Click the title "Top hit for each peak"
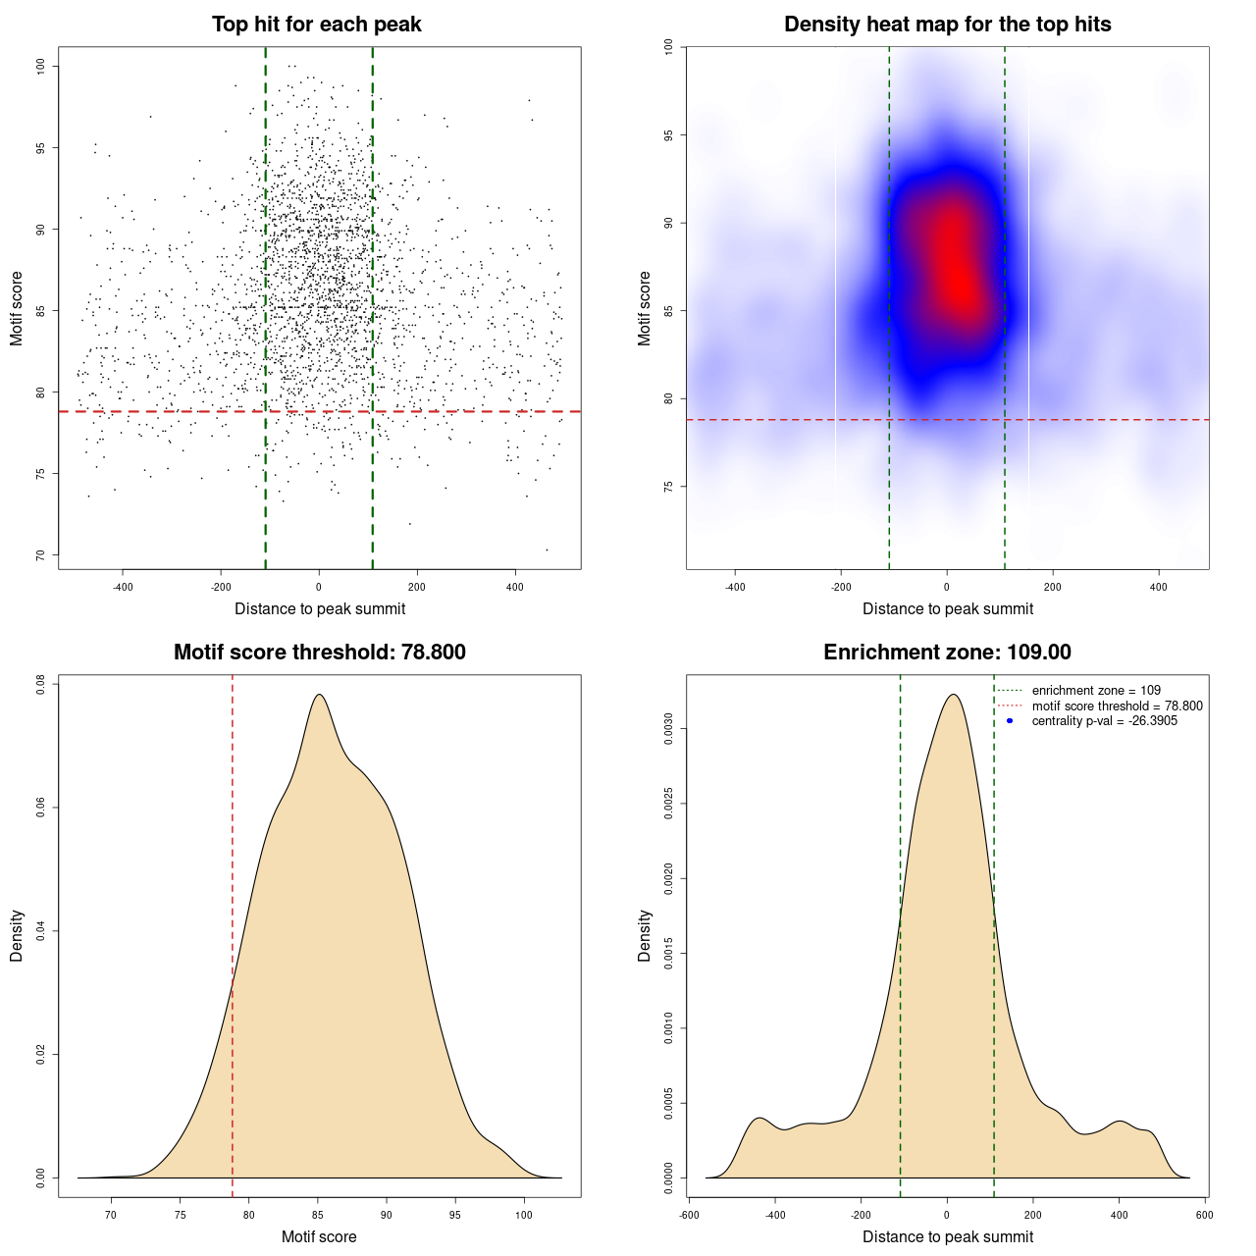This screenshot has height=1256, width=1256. pyautogui.click(x=316, y=25)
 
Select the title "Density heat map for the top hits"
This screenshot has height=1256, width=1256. pyautogui.click(x=947, y=25)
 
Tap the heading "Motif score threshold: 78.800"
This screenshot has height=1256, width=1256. pyautogui.click(x=319, y=653)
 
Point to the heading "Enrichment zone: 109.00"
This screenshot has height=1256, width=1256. pyautogui.click(x=947, y=653)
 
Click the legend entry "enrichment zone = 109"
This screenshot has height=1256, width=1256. pyautogui.click(x=1095, y=691)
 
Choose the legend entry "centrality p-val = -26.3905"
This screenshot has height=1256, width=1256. pyautogui.click(x=1104, y=721)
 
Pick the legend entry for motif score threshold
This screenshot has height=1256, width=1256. pyautogui.click(x=1117, y=706)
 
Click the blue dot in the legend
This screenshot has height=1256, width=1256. pyautogui.click(x=1010, y=721)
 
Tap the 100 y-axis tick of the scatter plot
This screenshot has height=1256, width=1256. pyautogui.click(x=40, y=66)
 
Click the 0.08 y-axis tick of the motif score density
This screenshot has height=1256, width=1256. pyautogui.click(x=40, y=683)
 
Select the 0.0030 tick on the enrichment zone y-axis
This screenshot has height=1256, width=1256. pyautogui.click(x=668, y=729)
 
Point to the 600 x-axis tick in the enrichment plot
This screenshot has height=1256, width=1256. pyautogui.click(x=1205, y=1215)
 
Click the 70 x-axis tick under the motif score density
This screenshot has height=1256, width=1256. pyautogui.click(x=111, y=1215)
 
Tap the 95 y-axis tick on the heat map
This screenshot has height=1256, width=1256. pyautogui.click(x=668, y=135)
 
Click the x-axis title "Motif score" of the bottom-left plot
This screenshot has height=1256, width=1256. pyautogui.click(x=319, y=1236)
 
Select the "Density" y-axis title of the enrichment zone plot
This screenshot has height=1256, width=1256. pyautogui.click(x=645, y=935)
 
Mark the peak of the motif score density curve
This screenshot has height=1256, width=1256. pyautogui.click(x=319, y=695)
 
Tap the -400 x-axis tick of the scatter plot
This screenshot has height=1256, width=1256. pyautogui.click(x=123, y=587)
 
